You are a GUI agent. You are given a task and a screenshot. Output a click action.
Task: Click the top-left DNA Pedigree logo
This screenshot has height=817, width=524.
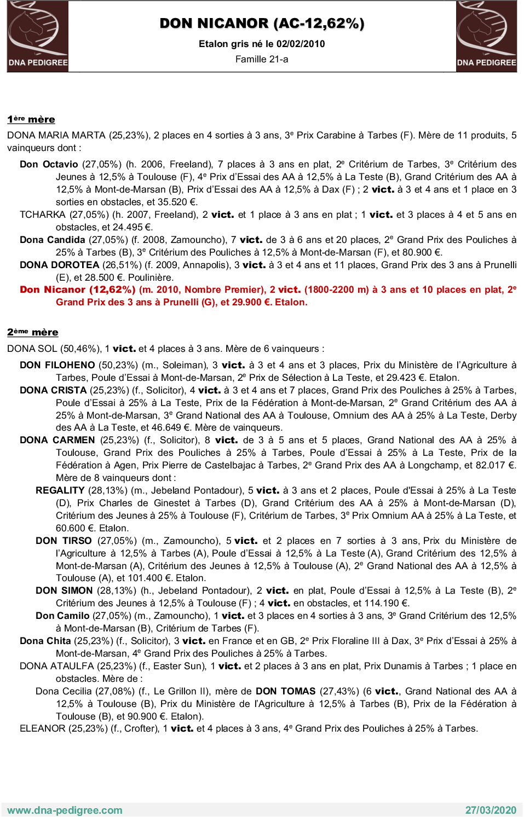(x=38, y=36)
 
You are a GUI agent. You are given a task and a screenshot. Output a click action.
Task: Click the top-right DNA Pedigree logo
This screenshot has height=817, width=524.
(x=486, y=36)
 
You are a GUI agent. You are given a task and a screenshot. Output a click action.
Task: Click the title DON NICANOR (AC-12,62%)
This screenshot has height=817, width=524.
(x=262, y=24)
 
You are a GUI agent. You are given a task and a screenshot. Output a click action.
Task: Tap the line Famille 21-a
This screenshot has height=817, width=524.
(x=262, y=59)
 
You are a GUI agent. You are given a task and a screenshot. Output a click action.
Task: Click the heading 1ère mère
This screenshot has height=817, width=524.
(x=31, y=119)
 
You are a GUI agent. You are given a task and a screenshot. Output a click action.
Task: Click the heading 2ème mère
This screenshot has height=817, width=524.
(x=33, y=332)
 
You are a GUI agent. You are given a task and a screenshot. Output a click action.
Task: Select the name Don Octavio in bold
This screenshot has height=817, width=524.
(x=49, y=164)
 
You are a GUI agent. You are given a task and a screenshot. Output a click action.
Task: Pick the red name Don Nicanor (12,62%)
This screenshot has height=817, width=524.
(x=77, y=289)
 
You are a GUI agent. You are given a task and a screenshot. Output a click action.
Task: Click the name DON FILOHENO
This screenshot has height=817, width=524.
(x=57, y=365)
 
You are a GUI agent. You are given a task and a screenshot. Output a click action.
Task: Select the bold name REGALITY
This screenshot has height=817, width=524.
(x=60, y=490)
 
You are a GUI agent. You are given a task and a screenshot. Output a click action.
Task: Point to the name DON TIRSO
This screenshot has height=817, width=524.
(x=64, y=541)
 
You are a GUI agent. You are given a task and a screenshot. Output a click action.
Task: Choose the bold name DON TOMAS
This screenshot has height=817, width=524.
(x=285, y=691)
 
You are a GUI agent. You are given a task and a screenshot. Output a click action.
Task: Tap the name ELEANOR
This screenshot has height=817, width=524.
(x=42, y=728)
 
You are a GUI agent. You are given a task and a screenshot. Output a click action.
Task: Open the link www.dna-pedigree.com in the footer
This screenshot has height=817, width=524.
(x=65, y=810)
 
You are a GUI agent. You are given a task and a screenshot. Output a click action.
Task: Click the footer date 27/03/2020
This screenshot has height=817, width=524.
(x=491, y=810)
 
